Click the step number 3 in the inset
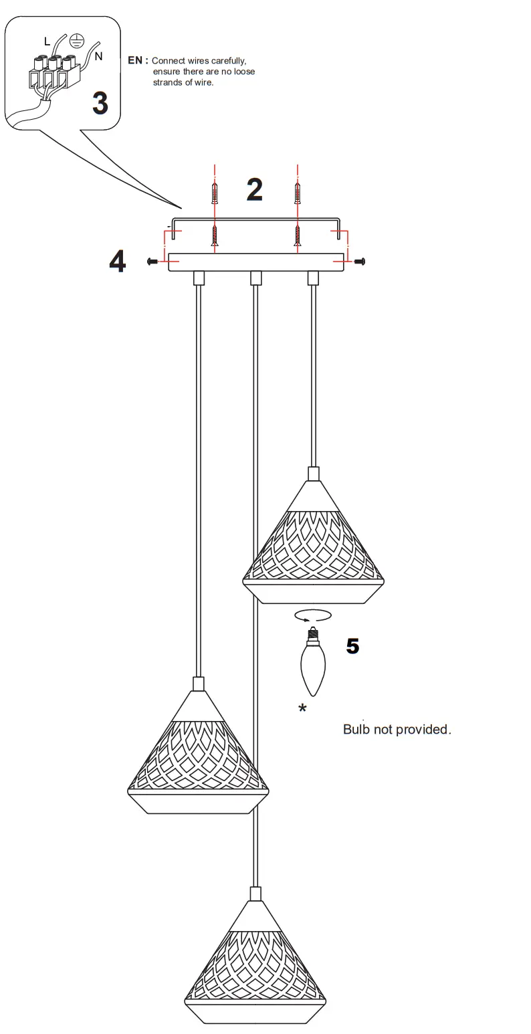coord(100,103)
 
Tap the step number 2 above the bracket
coord(254,190)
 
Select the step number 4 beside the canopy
coord(117,261)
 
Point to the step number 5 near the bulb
coord(352,646)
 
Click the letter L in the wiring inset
coord(47,41)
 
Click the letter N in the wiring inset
coord(98,57)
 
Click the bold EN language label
coord(136,60)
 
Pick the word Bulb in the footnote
coord(356,729)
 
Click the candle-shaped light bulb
coord(312,662)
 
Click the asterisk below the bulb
coord(302,709)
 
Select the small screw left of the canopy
coord(152,261)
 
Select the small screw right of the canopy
coord(360,261)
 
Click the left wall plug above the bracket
coord(214,193)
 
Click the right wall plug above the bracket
coord(297,193)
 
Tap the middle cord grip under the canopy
coord(255,278)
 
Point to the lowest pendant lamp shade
coord(255,970)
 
